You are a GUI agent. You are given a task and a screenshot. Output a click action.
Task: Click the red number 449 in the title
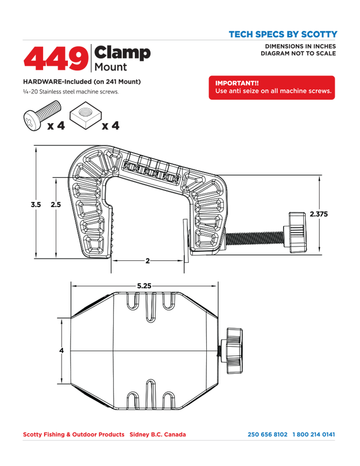coord(56,59)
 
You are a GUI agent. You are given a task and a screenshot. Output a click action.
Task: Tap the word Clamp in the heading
coord(122,53)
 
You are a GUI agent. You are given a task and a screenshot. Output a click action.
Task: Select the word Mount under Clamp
coord(111,67)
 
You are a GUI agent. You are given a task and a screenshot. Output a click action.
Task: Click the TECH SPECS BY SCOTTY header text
coord(283,34)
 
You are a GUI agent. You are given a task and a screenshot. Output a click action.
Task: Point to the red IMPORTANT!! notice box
coord(272,88)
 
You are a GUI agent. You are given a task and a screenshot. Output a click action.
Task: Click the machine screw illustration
coord(42,115)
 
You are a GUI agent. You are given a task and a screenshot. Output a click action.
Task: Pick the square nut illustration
coord(86,115)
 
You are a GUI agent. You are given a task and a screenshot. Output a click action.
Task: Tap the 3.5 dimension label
coord(35,205)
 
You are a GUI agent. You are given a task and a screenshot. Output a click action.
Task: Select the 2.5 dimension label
coord(56,205)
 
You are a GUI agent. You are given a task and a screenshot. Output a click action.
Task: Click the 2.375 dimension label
coord(318,214)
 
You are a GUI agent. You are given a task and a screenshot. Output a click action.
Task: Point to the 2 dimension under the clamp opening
coord(148,261)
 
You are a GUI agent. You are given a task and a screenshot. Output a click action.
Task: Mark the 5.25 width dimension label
coord(145,286)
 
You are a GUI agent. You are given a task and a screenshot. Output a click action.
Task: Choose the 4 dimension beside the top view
coord(61,351)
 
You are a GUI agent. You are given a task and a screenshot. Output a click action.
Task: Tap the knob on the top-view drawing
coord(234,351)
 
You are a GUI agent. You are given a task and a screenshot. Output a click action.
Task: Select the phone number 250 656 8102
coord(268,435)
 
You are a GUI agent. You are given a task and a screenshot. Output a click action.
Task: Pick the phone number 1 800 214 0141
coord(313,435)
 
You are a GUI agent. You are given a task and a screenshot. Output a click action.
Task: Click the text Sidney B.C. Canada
coord(158,435)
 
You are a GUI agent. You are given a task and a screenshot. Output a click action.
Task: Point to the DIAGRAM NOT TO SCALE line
coord(298,54)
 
